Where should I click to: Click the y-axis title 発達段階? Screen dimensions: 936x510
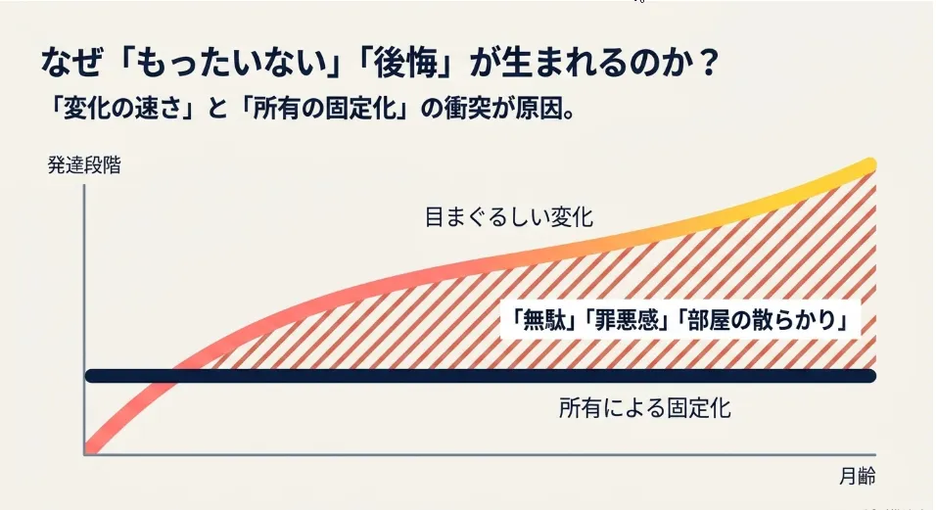[x=84, y=165]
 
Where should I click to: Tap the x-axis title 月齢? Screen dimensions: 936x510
[x=858, y=477]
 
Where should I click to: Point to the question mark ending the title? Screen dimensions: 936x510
[x=708, y=63]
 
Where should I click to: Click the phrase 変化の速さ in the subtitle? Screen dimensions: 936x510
[x=121, y=110]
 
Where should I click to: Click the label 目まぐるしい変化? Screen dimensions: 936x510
[x=508, y=216]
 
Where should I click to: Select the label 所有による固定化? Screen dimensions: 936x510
[x=644, y=408]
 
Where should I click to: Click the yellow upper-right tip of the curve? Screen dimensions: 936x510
[x=869, y=164]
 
